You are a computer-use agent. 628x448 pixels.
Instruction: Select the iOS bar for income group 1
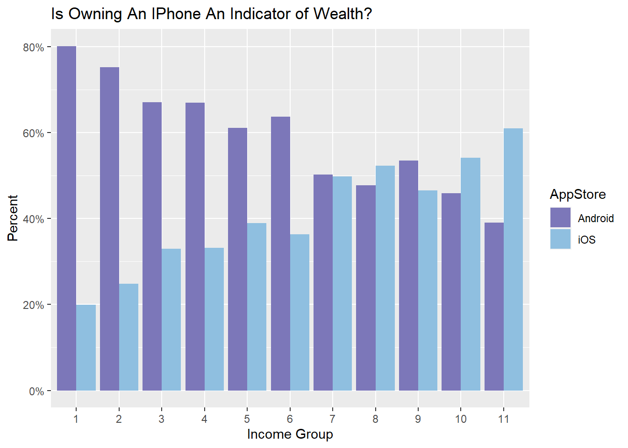coord(86,348)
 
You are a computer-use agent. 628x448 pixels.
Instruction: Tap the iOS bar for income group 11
coord(513,259)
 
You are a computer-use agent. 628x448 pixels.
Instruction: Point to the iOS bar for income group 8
coord(385,278)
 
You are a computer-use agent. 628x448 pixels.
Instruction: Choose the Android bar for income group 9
coord(408,275)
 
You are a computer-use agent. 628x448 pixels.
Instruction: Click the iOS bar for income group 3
coord(171,320)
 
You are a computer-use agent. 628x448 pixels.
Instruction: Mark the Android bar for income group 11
coord(494,307)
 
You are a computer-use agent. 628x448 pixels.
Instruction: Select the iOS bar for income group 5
coord(257,307)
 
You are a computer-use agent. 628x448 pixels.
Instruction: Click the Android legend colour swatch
coord(560,218)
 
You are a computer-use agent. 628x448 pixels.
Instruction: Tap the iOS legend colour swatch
coord(560,239)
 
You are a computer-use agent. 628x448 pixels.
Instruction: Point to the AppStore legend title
coord(578,195)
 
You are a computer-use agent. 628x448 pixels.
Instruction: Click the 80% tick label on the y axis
coord(33,48)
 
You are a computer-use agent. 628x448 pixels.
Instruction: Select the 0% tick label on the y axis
coord(36,392)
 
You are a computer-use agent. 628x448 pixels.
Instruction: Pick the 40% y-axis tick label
coord(33,219)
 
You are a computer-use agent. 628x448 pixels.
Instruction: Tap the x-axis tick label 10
coord(461,419)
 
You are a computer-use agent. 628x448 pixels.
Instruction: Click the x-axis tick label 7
coord(332,419)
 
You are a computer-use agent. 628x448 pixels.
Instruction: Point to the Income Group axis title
coord(290,434)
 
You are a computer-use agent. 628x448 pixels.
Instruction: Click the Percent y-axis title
coord(13,218)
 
